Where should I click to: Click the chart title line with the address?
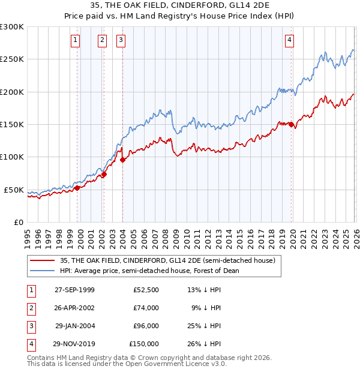[x=180, y=5]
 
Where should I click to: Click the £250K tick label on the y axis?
[x=11, y=59]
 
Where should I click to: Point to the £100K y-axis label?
[x=11, y=157]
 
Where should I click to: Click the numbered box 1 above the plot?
[x=75, y=40]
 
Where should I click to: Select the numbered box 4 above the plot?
[x=289, y=40]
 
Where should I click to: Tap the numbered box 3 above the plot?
[x=121, y=40]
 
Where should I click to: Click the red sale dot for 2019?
[x=291, y=125]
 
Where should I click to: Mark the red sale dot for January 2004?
[x=122, y=160]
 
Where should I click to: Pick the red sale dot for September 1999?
[x=77, y=188]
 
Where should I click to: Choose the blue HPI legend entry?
[x=149, y=271]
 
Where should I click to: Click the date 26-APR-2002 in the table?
[x=74, y=308]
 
